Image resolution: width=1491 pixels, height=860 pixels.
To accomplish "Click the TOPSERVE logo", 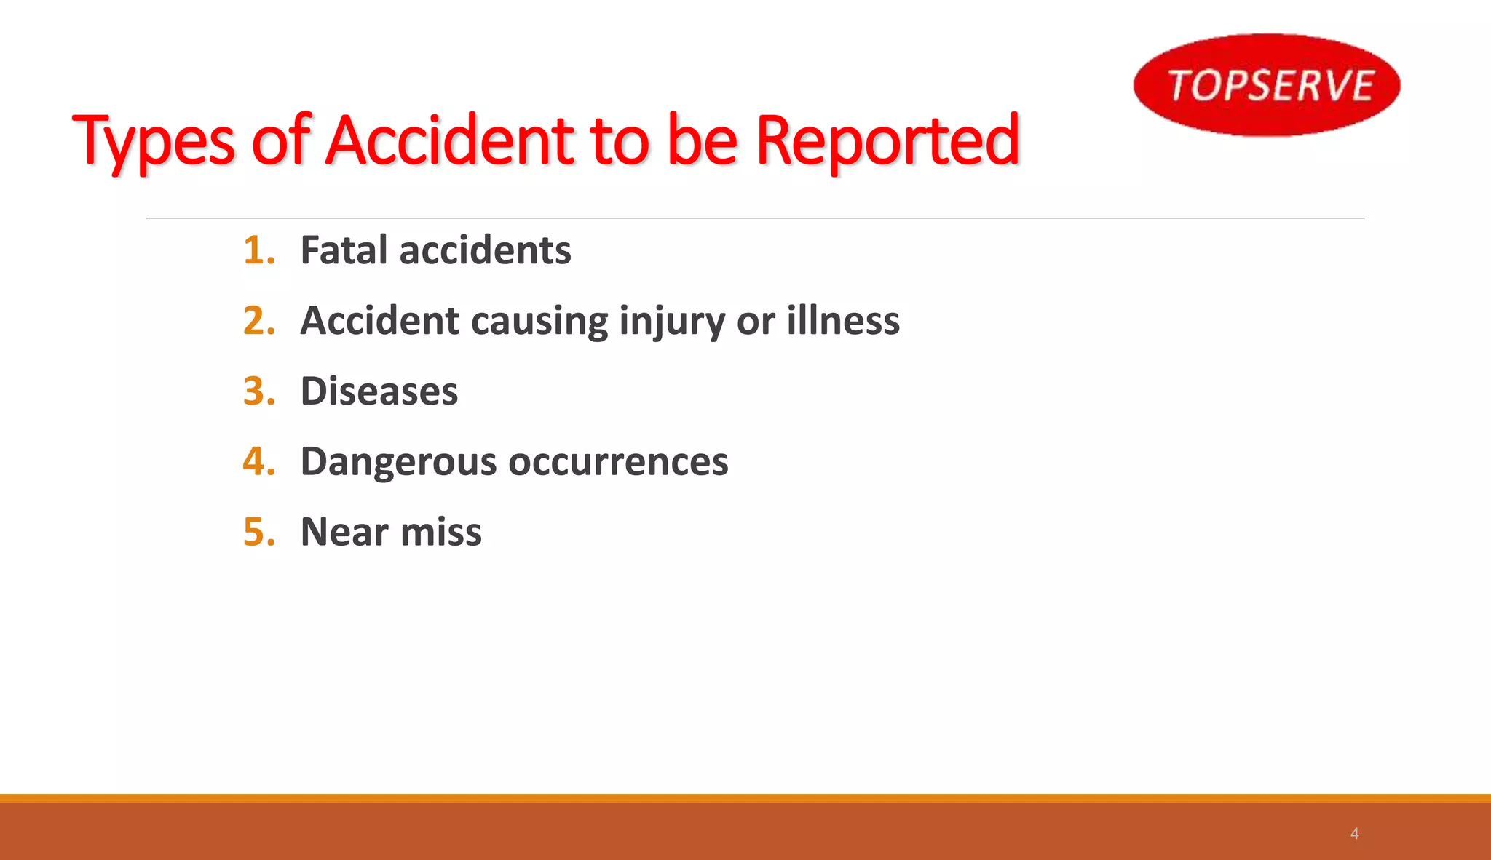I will point(1267,85).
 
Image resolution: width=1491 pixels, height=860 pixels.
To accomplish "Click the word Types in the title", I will point(154,142).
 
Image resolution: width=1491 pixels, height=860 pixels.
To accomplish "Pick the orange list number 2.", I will point(258,321).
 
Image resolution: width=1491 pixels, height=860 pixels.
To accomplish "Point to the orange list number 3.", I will point(258,391).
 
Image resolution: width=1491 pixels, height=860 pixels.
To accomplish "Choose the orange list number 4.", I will point(258,461).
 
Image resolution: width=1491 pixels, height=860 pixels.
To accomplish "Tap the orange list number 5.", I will point(258,532).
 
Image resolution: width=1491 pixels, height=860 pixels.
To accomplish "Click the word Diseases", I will point(379,391).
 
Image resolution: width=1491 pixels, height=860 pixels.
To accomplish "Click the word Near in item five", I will point(344,532).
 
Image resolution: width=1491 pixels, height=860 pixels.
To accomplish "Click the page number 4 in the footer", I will point(1354,834).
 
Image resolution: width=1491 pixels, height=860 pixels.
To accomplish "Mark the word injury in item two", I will point(671,322).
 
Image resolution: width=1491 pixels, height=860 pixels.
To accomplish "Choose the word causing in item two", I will point(539,322).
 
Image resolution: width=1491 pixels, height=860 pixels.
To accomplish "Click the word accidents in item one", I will point(485,250).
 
